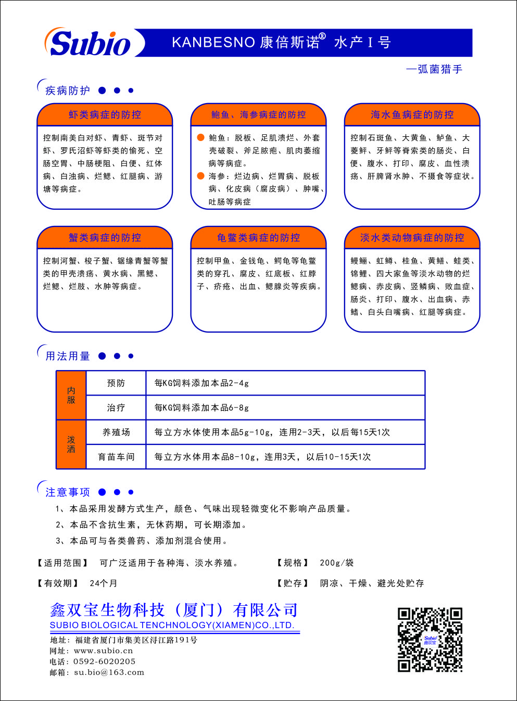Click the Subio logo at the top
tap(90, 43)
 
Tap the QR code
tap(430, 639)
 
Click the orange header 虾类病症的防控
tap(105, 114)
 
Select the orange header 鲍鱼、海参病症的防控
tap(258, 114)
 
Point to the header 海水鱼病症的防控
tap(412, 114)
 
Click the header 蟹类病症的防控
tap(105, 237)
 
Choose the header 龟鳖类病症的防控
tap(258, 237)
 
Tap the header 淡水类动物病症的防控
tap(412, 237)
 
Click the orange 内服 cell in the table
tap(71, 395)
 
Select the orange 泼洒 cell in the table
tap(71, 444)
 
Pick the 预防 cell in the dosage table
tap(116, 383)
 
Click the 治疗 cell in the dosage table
tap(116, 407)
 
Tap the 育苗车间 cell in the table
tap(116, 456)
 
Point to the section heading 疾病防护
tap(68, 91)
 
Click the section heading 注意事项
tap(68, 492)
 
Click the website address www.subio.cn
tap(104, 651)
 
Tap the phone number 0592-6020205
tap(105, 661)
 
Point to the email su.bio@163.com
tap(109, 672)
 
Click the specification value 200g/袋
tap(336, 563)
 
